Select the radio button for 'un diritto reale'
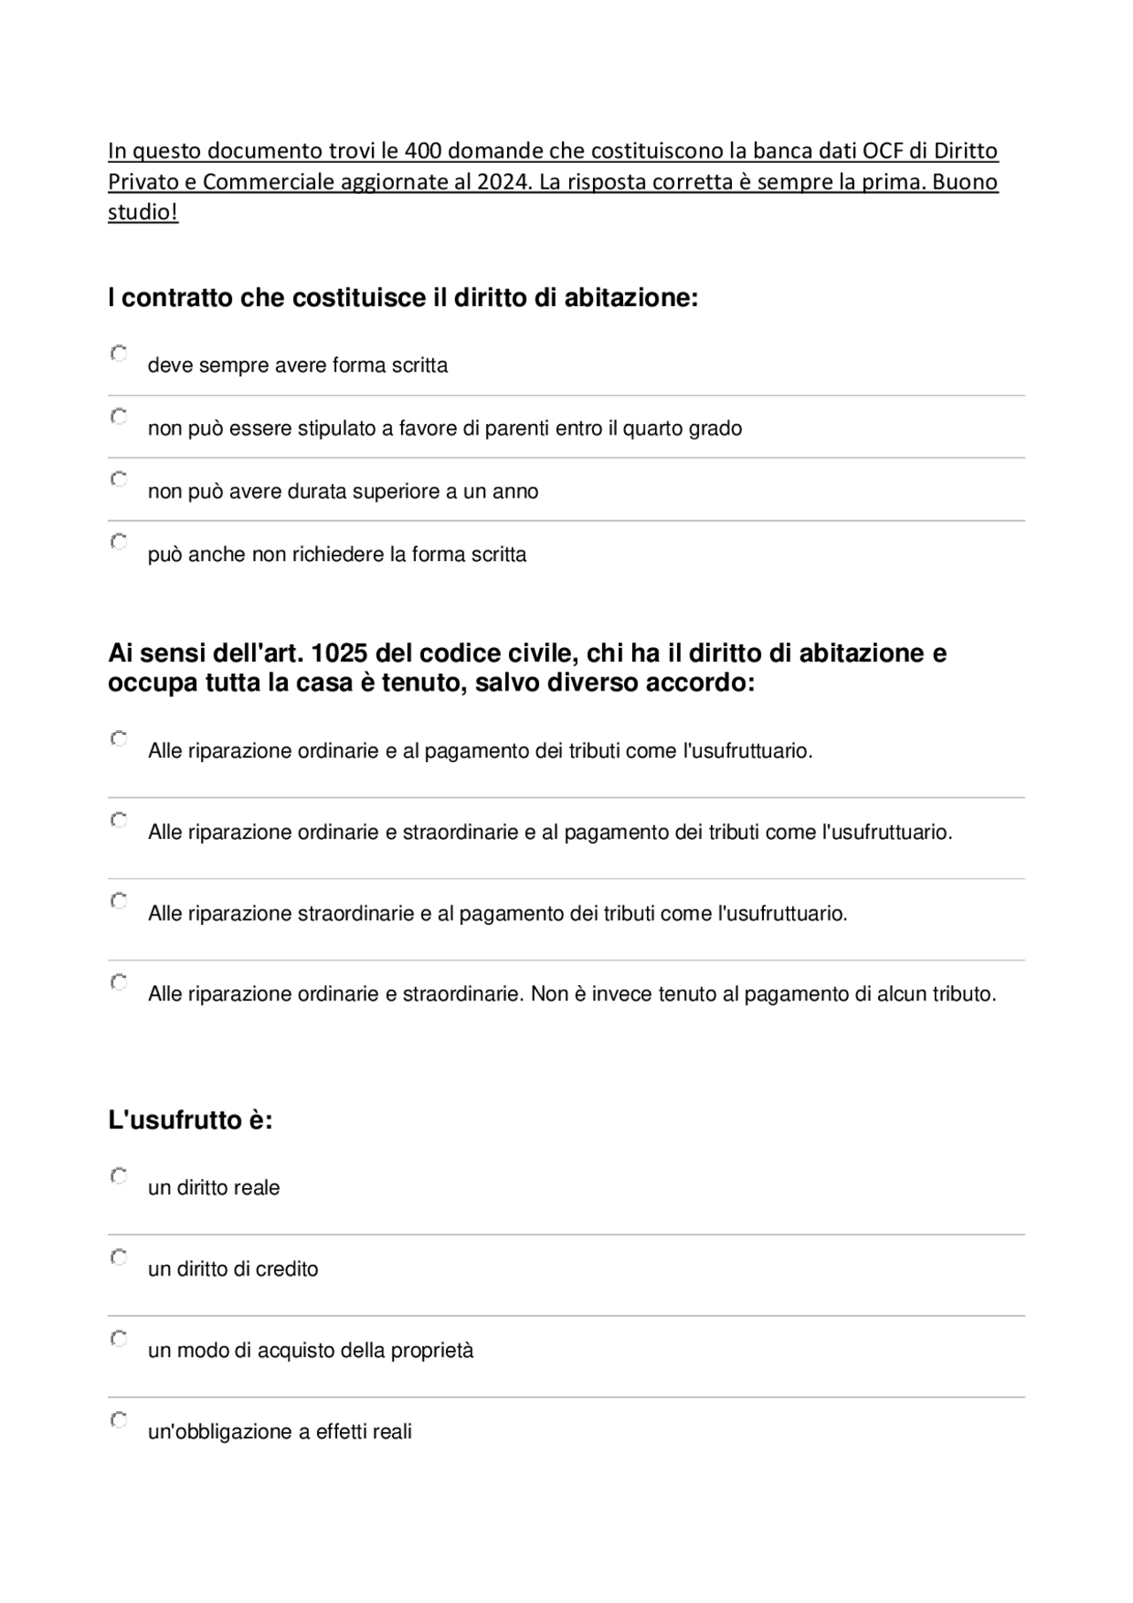tap(119, 1175)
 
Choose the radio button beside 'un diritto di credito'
tap(119, 1257)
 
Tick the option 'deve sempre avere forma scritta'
tap(119, 353)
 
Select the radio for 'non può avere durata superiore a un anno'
tap(119, 479)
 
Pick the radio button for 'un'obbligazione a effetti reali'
tap(119, 1420)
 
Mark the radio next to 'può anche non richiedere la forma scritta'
tap(119, 541)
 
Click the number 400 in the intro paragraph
tap(425, 151)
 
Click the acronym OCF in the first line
tap(883, 151)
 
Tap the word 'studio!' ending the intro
tap(143, 213)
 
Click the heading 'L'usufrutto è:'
tap(190, 1120)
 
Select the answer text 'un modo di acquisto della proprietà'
tap(311, 1351)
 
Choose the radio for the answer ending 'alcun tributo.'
tap(119, 982)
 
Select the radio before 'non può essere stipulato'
tap(119, 416)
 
